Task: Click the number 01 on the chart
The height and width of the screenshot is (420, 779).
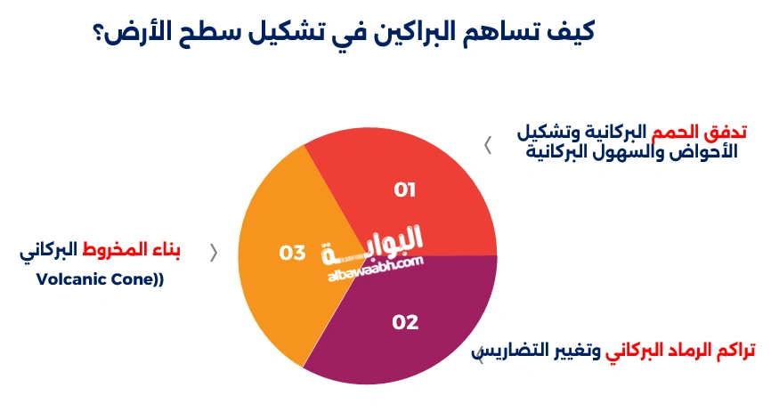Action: pos(405,190)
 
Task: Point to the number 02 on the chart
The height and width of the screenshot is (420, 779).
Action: pos(405,322)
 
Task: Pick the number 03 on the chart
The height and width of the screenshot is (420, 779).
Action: pos(292,254)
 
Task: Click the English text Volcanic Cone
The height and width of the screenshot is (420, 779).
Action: pos(98,279)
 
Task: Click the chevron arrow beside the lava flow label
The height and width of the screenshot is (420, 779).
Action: pos(488,146)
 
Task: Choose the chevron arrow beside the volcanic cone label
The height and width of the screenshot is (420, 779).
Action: pos(213,253)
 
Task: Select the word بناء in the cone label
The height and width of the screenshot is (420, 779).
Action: pos(165,250)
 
